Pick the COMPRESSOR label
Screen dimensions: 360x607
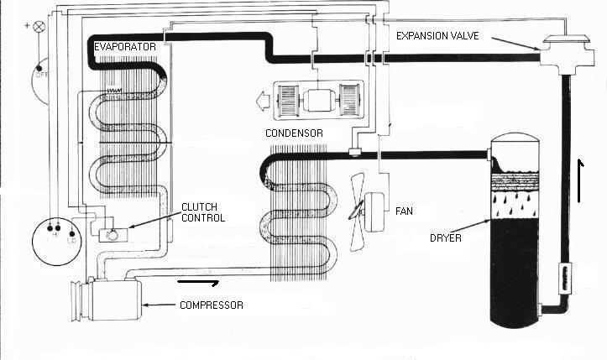point(211,305)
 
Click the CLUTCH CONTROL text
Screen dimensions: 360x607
point(203,211)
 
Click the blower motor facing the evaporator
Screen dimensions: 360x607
point(318,102)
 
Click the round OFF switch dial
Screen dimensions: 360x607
point(40,77)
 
